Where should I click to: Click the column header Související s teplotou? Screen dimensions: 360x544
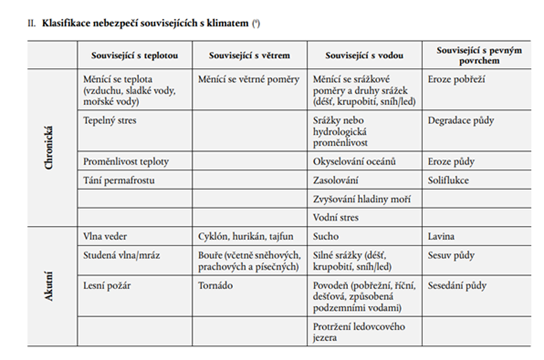tap(134, 55)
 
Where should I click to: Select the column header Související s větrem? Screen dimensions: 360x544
tap(249, 55)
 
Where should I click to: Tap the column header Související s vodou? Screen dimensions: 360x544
tap(364, 55)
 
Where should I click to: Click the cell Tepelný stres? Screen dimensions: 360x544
tap(110, 120)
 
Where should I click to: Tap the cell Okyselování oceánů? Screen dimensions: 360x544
tap(355, 161)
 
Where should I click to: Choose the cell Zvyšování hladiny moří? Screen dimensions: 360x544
tap(358, 199)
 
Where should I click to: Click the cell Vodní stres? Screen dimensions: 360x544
tap(336, 217)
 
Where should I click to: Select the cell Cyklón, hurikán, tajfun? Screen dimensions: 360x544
tap(246, 237)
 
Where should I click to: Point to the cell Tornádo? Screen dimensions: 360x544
tap(215, 285)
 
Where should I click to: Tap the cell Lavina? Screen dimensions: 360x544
tap(442, 237)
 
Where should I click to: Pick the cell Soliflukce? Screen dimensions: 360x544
tap(449, 180)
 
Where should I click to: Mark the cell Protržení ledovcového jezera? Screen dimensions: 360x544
tap(359, 332)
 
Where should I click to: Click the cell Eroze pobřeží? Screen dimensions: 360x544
tap(457, 79)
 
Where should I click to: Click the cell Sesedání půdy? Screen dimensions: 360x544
tap(457, 285)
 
